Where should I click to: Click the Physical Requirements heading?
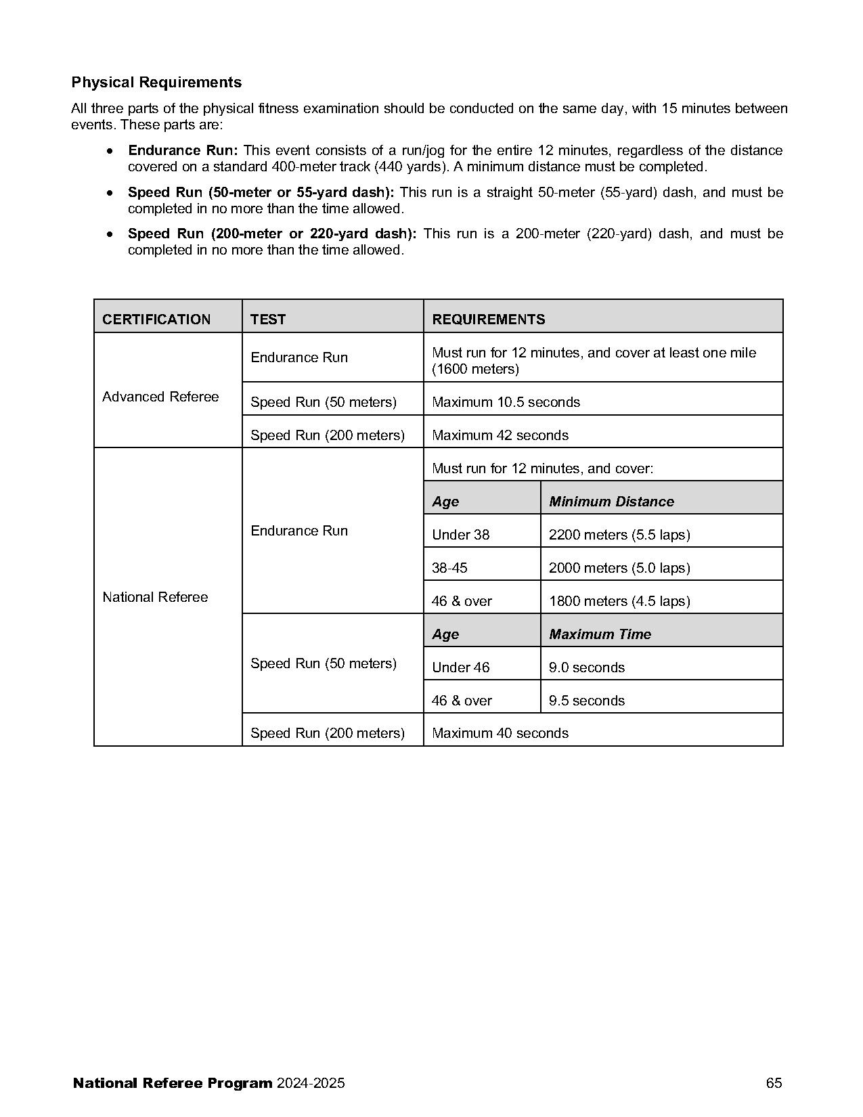(x=156, y=83)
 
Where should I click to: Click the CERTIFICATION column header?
(x=156, y=320)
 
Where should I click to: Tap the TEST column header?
(x=268, y=320)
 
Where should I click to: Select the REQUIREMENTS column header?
(x=488, y=320)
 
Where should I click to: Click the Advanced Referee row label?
(x=160, y=397)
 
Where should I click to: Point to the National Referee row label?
(x=155, y=597)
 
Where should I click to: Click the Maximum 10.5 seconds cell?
(x=506, y=402)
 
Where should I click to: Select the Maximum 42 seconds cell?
(x=500, y=435)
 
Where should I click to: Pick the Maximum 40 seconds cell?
(x=500, y=733)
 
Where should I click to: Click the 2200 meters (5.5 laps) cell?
(x=619, y=535)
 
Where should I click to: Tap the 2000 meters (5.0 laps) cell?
(x=619, y=568)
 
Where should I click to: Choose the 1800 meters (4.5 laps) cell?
(x=619, y=601)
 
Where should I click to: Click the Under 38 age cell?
(x=460, y=535)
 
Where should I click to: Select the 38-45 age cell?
(x=449, y=568)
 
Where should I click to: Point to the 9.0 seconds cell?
(x=587, y=667)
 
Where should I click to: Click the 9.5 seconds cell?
(x=587, y=701)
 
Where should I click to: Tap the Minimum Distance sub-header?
(x=611, y=502)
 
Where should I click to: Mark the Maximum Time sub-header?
(x=600, y=634)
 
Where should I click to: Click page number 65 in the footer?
(x=774, y=1083)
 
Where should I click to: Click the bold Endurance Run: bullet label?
(x=183, y=150)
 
